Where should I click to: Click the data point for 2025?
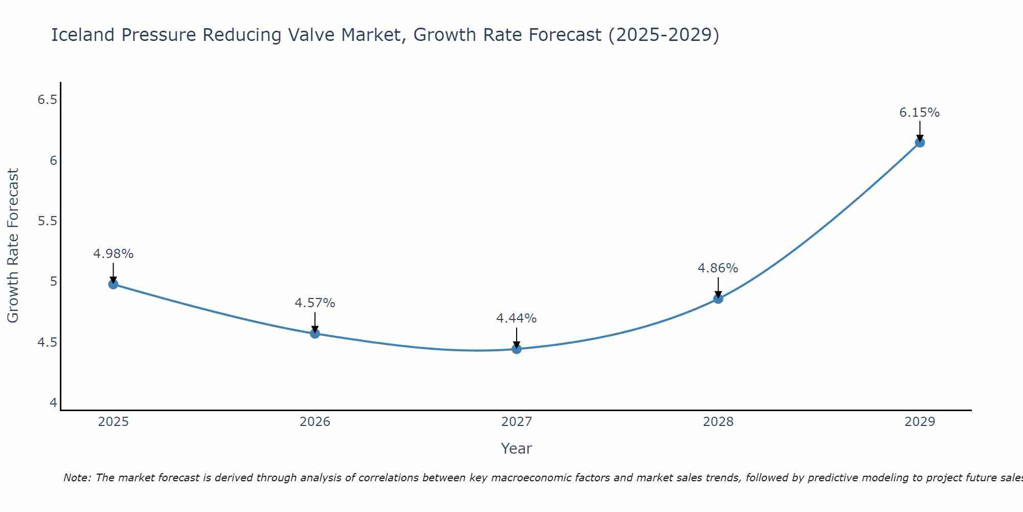click(x=114, y=284)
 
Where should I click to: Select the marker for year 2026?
click(x=315, y=333)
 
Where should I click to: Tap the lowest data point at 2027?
click(x=517, y=349)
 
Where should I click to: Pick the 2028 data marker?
click(x=718, y=298)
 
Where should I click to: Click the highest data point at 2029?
click(x=920, y=142)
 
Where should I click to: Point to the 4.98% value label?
click(x=114, y=254)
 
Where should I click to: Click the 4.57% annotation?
click(x=315, y=303)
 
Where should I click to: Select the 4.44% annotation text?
click(x=517, y=318)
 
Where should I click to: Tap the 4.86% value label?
click(x=718, y=268)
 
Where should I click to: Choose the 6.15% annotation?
click(x=920, y=113)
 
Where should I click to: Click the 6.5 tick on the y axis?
click(x=47, y=100)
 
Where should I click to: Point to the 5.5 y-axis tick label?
click(x=47, y=221)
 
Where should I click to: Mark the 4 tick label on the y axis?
click(x=53, y=403)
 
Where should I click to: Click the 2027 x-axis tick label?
click(x=517, y=422)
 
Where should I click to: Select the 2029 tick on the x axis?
click(x=920, y=422)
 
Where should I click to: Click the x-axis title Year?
click(x=517, y=449)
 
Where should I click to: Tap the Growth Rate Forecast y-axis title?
click(x=13, y=246)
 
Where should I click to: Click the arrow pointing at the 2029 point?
click(x=920, y=132)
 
